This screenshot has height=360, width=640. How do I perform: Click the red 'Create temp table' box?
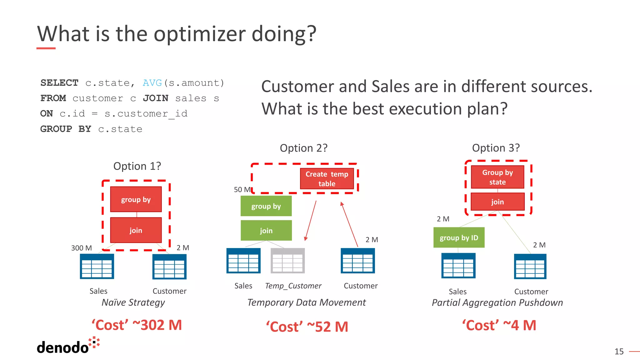[x=327, y=179]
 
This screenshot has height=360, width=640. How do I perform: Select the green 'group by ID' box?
[x=459, y=237]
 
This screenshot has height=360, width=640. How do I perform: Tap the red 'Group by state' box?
[x=497, y=177]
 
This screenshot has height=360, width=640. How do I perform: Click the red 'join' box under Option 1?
[x=136, y=230]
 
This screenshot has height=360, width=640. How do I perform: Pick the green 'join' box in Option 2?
[x=266, y=231]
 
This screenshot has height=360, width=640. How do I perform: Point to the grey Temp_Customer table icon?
[x=287, y=261]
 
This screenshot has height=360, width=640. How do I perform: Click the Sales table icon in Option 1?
[x=97, y=266]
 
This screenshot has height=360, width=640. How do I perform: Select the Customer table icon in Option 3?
[x=530, y=266]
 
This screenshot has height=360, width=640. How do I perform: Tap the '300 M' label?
[x=81, y=248]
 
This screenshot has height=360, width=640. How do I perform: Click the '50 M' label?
[x=242, y=190]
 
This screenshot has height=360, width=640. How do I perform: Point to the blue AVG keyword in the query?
[x=152, y=83]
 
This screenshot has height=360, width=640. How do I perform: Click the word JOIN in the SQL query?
[x=156, y=98]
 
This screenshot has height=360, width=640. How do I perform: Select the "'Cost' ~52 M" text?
[x=307, y=327]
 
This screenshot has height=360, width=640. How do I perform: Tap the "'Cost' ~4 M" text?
[x=499, y=325]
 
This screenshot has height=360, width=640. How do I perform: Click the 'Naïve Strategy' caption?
[x=133, y=302]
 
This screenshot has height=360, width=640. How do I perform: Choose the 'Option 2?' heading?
[x=303, y=148]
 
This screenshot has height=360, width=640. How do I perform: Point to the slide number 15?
[x=619, y=352]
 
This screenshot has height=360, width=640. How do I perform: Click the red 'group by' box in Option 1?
[x=136, y=199]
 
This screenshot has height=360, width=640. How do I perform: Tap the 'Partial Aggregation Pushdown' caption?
[x=497, y=302]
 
